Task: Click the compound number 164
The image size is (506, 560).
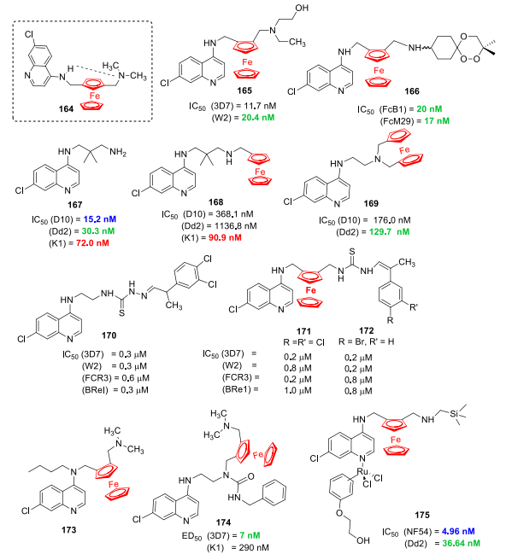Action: pos(66,108)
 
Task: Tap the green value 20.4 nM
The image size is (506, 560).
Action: pos(258,118)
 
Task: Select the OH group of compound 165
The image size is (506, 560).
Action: pos(302,8)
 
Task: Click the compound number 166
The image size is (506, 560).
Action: pos(412,91)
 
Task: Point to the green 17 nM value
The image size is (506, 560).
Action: pos(437,121)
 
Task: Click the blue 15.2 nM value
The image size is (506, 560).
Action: pos(100,219)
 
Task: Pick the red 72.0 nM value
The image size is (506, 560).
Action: pos(92,242)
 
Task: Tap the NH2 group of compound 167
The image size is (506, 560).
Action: pos(118,152)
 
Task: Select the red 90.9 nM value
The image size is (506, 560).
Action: pos(225,237)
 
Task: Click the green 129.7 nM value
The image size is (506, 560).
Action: pos(390,232)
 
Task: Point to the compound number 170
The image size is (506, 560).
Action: pos(109,335)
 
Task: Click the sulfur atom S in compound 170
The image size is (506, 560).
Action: pos(121,313)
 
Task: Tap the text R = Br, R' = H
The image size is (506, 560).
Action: pos(366,341)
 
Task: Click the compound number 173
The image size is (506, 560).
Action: pos(68,529)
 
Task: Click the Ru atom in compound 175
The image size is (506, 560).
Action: pos(362,472)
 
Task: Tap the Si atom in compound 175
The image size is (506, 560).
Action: pos(454,413)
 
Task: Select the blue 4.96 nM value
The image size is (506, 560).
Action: pos(458,531)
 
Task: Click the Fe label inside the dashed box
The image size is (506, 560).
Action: pos(95,96)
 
